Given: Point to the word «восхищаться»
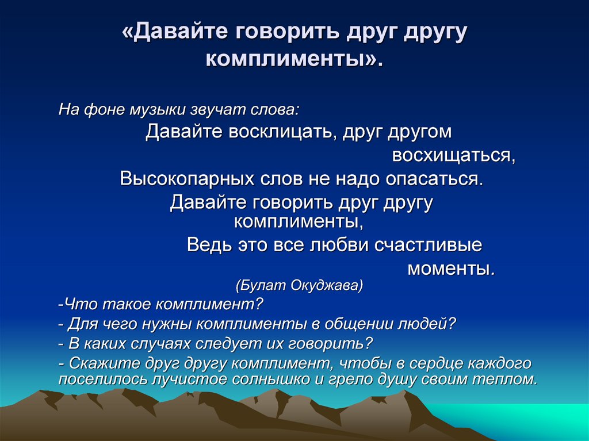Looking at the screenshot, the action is tap(453, 155).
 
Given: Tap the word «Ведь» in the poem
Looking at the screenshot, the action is tap(208, 245).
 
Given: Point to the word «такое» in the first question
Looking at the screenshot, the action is tap(127, 304).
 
